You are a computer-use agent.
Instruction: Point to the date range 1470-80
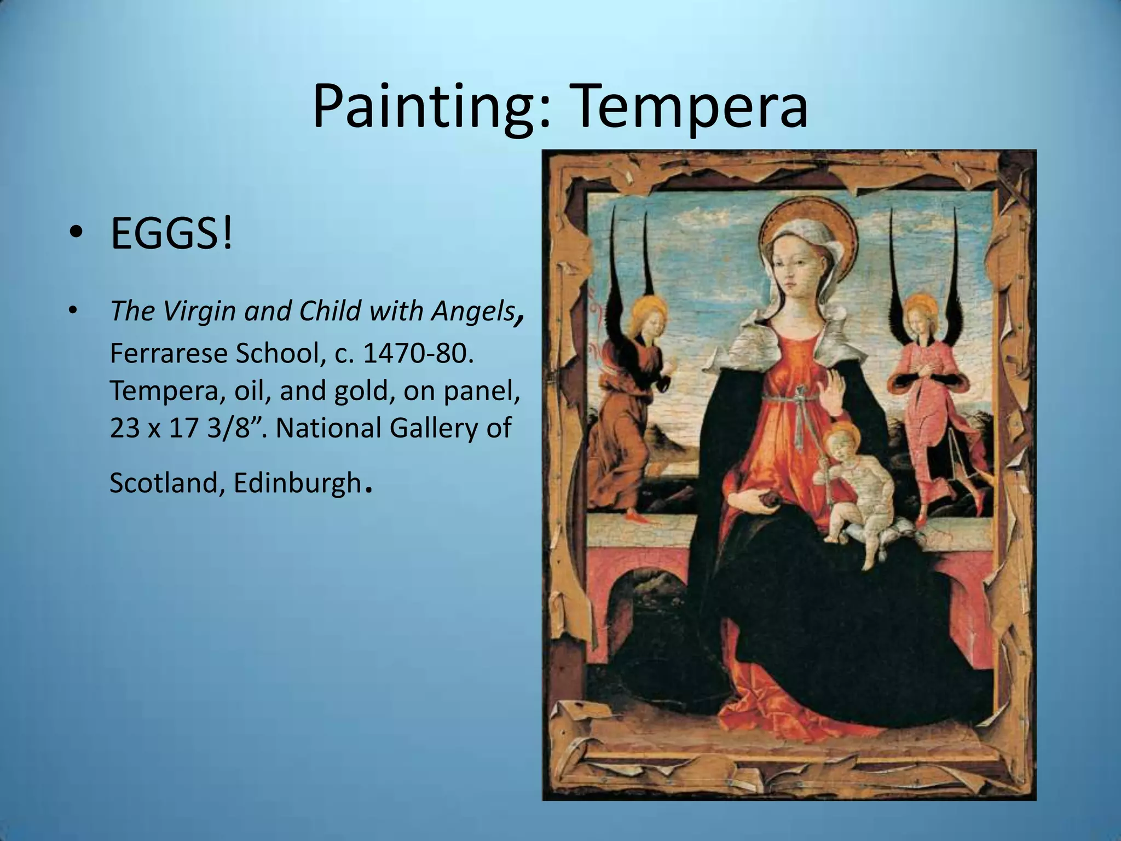[417, 354]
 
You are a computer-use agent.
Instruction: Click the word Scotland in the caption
[163, 483]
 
